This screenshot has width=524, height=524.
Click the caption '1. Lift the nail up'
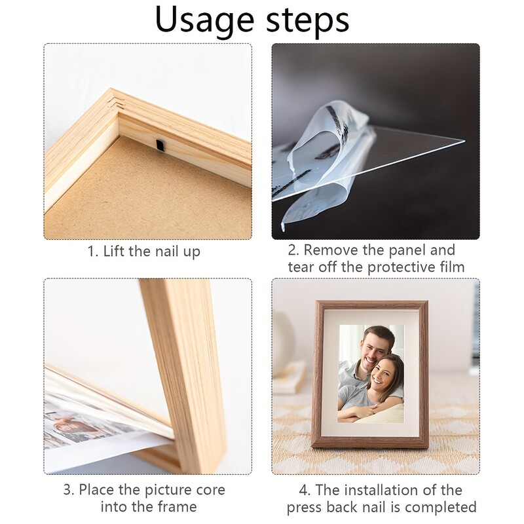[144, 252]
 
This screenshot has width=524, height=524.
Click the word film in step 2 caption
[451, 267]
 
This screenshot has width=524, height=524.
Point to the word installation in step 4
[380, 490]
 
